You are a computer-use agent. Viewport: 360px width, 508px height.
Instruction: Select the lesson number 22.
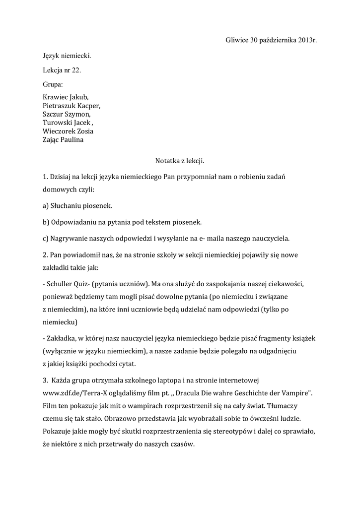[x=76, y=70]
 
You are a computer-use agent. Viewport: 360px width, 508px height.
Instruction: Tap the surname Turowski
[x=57, y=123]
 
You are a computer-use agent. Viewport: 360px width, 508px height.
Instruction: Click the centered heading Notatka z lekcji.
[x=180, y=161]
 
